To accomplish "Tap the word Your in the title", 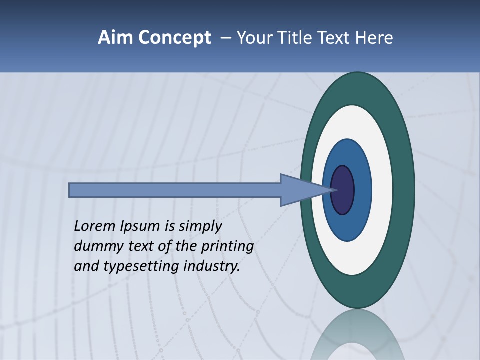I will coord(253,38).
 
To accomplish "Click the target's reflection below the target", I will coord(358,335).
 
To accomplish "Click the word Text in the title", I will coord(334,38).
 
